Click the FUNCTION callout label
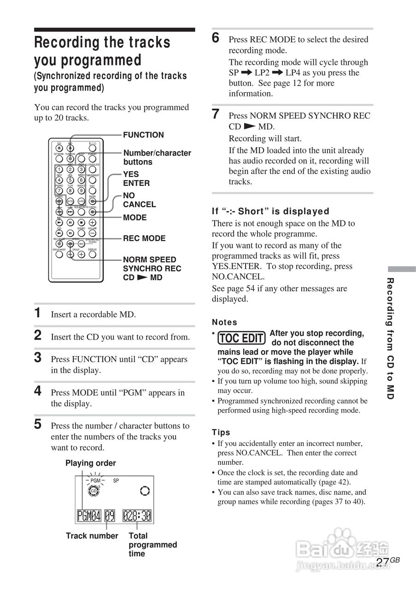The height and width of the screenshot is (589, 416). pyautogui.click(x=143, y=135)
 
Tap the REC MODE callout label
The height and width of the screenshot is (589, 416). pyautogui.click(x=144, y=238)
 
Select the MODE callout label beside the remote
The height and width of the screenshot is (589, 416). pyautogui.click(x=135, y=218)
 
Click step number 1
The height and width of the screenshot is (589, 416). pyautogui.click(x=38, y=313)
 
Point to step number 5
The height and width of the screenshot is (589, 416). pyautogui.click(x=38, y=424)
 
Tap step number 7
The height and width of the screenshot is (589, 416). pyautogui.click(x=216, y=115)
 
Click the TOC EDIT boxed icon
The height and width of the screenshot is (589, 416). pyautogui.click(x=242, y=339)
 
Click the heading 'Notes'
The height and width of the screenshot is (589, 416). pyautogui.click(x=224, y=322)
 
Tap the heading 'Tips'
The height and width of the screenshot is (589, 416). pyautogui.click(x=221, y=432)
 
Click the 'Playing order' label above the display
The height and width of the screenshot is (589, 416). pyautogui.click(x=91, y=463)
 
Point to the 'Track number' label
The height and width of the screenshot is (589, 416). pyautogui.click(x=92, y=536)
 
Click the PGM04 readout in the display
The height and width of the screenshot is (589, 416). pyautogui.click(x=89, y=515)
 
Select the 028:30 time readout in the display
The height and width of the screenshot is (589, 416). pyautogui.click(x=137, y=515)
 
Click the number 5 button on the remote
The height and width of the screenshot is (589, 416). pyautogui.click(x=70, y=180)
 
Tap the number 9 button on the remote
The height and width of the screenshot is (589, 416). pyautogui.click(x=81, y=191)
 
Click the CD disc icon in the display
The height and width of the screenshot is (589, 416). pyautogui.click(x=94, y=491)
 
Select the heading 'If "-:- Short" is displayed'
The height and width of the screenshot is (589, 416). pyautogui.click(x=270, y=211)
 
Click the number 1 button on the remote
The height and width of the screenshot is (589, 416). pyautogui.click(x=59, y=169)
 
